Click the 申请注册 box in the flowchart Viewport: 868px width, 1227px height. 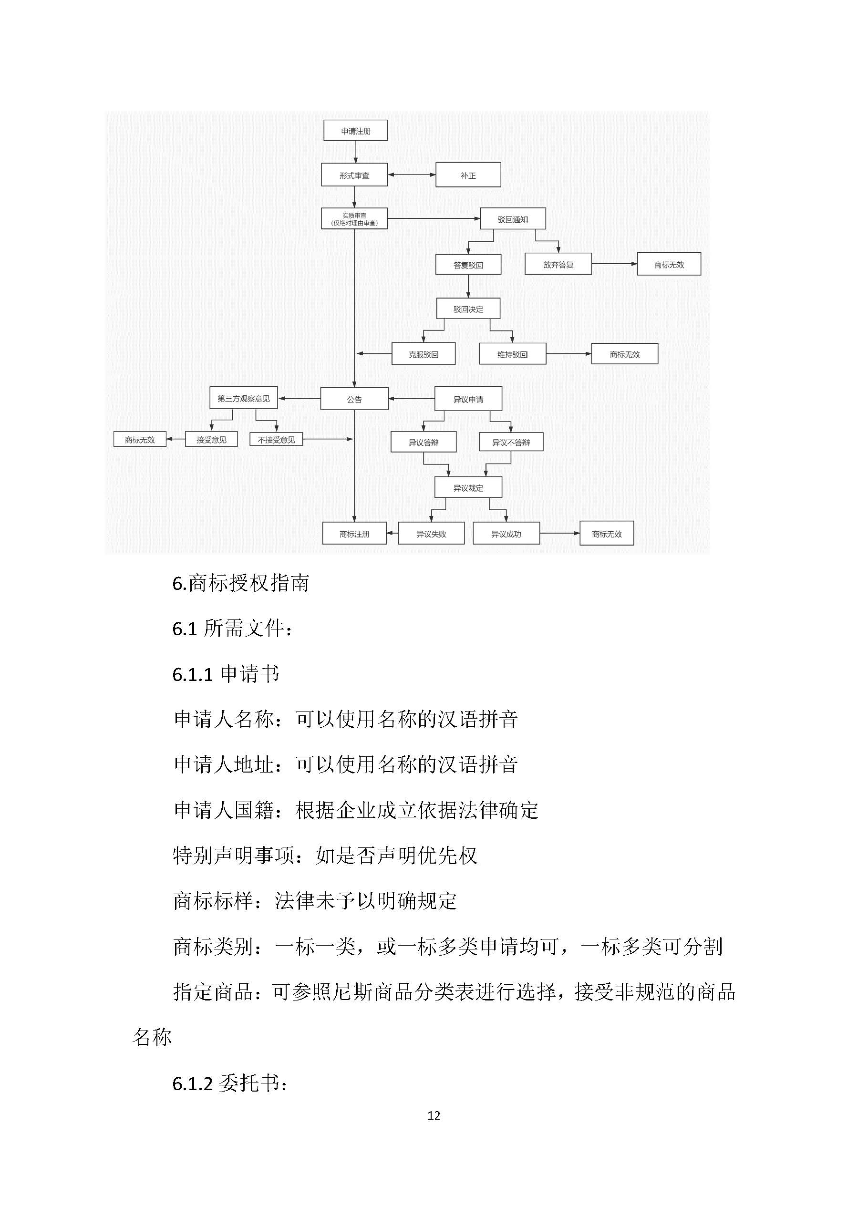pyautogui.click(x=355, y=130)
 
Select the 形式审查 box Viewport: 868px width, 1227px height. pyautogui.click(x=354, y=175)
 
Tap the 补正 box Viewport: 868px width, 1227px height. pyautogui.click(x=468, y=175)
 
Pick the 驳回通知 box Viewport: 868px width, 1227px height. pyautogui.click(x=513, y=219)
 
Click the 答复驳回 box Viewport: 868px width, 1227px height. pyautogui.click(x=468, y=265)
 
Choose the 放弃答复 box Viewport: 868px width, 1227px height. pyautogui.click(x=558, y=264)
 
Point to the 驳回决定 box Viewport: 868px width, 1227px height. pyautogui.click(x=468, y=309)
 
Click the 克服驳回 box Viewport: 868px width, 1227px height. pyautogui.click(x=424, y=354)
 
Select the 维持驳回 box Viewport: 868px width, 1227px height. pyautogui.click(x=512, y=354)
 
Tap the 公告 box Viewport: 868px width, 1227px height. pyautogui.click(x=354, y=399)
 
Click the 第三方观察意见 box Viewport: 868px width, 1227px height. pyautogui.click(x=243, y=398)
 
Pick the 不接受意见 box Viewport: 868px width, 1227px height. pyautogui.click(x=276, y=439)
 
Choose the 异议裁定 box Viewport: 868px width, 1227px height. pyautogui.click(x=468, y=487)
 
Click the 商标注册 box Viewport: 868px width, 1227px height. pyautogui.click(x=354, y=533)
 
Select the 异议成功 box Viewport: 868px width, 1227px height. pyautogui.click(x=506, y=533)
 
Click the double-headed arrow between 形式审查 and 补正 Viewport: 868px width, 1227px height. pyautogui.click(x=412, y=175)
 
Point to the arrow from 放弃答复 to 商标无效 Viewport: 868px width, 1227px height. pyautogui.click(x=614, y=264)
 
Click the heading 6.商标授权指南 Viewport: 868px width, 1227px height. pyautogui.click(x=240, y=583)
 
